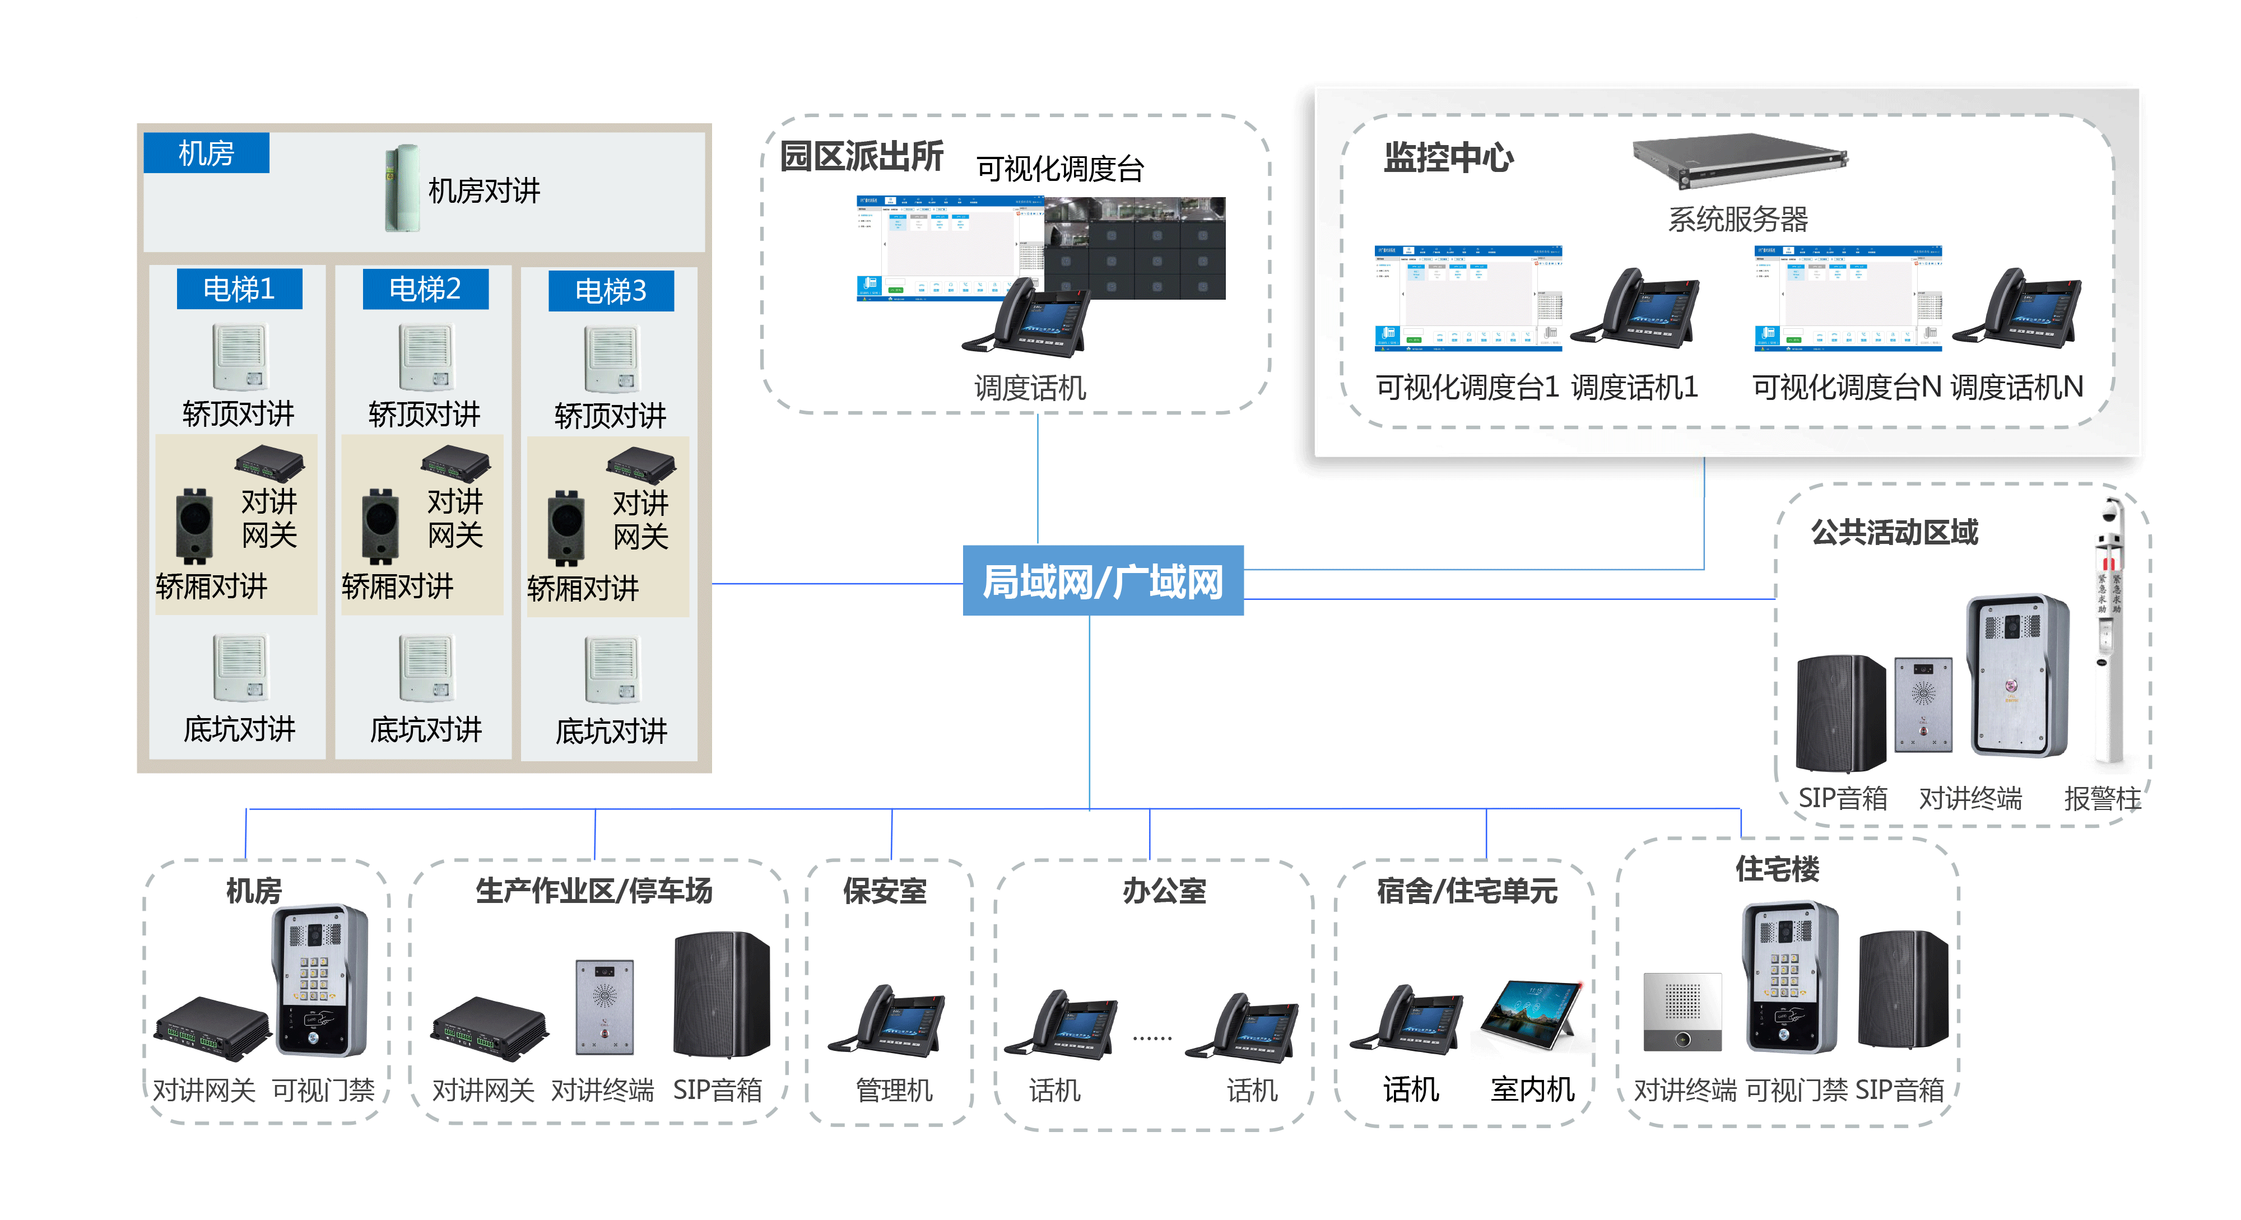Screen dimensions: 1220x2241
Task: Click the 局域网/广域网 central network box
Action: [x=1102, y=581]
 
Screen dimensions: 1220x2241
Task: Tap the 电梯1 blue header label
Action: [x=239, y=288]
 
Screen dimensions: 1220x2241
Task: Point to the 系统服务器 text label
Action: [x=1737, y=219]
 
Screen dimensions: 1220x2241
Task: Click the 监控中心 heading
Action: [x=1448, y=159]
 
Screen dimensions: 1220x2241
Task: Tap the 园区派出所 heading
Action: [x=861, y=156]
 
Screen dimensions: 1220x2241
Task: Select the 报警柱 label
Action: [x=2102, y=798]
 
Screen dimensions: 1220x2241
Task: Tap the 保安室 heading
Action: [x=885, y=891]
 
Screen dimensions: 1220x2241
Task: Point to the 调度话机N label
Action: [x=2016, y=387]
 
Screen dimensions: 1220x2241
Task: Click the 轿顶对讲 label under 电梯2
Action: [x=425, y=414]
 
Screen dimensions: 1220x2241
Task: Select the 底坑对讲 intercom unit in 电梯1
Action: [x=241, y=668]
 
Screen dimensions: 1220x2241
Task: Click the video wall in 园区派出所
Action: [x=1135, y=248]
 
